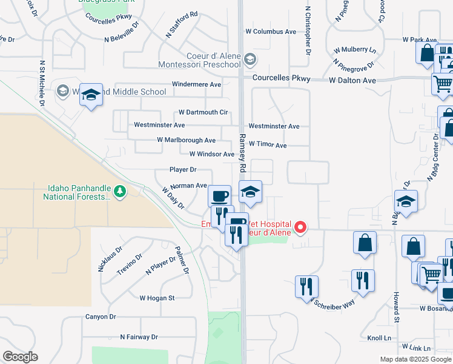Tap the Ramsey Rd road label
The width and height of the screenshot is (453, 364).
(243, 151)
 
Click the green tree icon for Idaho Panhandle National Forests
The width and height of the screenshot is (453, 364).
(120, 192)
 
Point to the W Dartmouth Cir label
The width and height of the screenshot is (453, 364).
(203, 112)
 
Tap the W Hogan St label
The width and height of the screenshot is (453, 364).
(157, 298)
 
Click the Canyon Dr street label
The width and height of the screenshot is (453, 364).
(101, 317)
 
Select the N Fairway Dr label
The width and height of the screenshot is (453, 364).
(139, 337)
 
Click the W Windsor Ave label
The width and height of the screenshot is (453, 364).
(212, 155)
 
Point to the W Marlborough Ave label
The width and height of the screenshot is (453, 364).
(186, 140)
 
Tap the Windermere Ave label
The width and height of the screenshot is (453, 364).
(197, 84)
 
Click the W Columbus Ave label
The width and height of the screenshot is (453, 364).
(271, 32)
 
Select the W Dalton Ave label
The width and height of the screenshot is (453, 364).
(352, 80)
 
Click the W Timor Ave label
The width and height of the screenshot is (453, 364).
(267, 146)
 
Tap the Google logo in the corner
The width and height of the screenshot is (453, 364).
(20, 357)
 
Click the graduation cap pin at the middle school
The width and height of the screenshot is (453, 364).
(91, 96)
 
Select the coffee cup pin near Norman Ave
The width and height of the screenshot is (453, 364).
(219, 196)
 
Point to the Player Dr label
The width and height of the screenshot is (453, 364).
(183, 170)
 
